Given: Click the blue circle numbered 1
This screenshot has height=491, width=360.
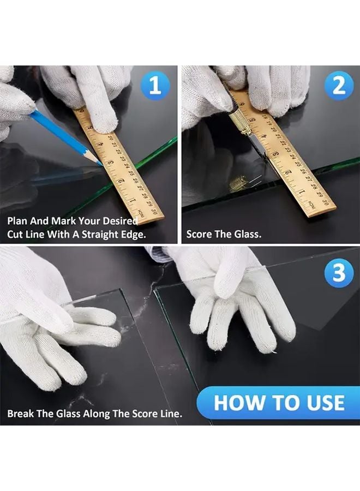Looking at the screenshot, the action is [x=155, y=86].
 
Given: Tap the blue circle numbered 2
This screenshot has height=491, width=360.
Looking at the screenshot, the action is [x=339, y=86].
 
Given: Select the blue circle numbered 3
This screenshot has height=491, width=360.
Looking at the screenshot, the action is [x=339, y=273].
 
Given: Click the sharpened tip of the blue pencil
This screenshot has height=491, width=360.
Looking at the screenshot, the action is [x=101, y=164].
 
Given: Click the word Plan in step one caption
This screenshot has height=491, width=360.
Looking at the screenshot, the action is [x=17, y=221].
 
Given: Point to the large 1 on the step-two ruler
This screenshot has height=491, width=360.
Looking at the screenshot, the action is [x=302, y=191].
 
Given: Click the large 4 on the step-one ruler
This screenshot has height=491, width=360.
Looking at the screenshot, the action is [x=100, y=145].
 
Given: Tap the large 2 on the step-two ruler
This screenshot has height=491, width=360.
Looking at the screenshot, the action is [x=288, y=172].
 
